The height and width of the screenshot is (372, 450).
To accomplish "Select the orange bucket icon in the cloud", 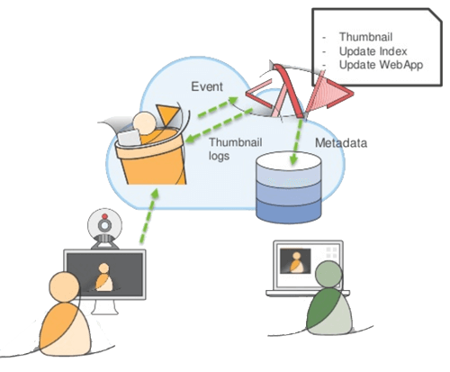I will coord(151,153).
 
